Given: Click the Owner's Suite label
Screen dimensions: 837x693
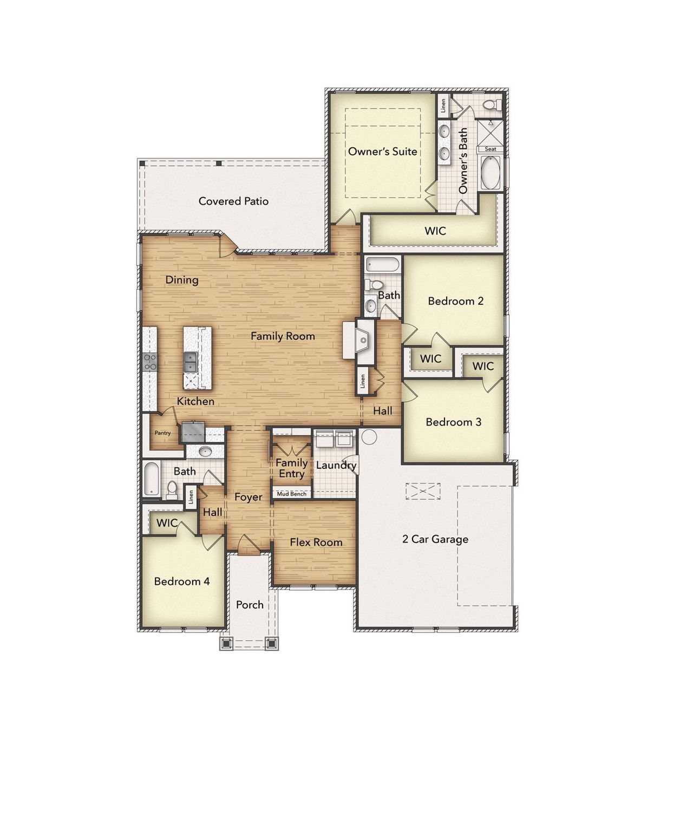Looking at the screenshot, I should click(x=382, y=152).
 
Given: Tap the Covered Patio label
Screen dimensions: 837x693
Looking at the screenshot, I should click(x=233, y=201).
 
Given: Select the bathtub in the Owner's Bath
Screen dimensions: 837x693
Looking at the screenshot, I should click(x=491, y=173).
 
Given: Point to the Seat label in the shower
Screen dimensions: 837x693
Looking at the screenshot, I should click(x=491, y=149).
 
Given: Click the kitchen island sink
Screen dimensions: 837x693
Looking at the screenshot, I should click(x=190, y=362).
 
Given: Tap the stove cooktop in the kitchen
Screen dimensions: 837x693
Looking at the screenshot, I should click(x=149, y=362).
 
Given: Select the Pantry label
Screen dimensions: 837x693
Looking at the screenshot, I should click(x=162, y=433).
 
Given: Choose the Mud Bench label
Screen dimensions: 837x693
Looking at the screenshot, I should click(x=292, y=494).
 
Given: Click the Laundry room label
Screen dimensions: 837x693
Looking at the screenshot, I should click(x=336, y=465).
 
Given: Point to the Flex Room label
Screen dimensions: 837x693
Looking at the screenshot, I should click(x=316, y=542).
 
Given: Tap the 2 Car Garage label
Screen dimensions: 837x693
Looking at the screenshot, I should click(x=435, y=539).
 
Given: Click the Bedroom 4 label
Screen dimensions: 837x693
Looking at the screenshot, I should click(x=181, y=581).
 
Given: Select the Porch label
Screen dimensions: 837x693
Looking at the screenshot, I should click(x=250, y=605).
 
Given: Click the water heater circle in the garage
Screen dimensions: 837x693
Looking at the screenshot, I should click(x=369, y=436).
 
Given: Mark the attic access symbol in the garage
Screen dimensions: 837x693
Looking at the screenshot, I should click(x=423, y=491).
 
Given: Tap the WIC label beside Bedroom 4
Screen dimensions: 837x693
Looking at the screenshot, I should click(x=167, y=523).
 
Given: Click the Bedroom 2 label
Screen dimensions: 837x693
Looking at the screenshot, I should click(x=455, y=301).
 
